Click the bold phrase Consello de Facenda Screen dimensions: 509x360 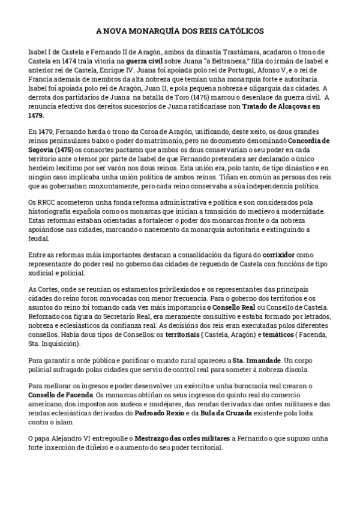pos(61,396)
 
